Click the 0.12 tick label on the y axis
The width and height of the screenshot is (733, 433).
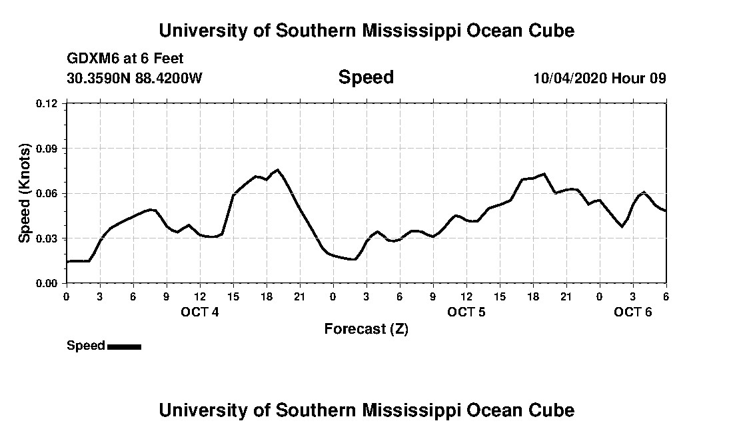point(47,103)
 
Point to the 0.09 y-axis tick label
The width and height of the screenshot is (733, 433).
point(47,149)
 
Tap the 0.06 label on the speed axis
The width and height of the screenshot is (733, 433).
point(47,193)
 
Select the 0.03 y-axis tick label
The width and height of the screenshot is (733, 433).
point(47,238)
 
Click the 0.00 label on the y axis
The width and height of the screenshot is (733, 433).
point(47,283)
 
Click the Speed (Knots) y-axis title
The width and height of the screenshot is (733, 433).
point(25,193)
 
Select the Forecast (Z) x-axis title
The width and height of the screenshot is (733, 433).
point(366,328)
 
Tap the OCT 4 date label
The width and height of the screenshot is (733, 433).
point(200,312)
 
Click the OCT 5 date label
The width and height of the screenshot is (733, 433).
point(466,312)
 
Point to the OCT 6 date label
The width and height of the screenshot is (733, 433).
point(632,312)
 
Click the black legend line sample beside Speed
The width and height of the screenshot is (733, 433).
point(124,346)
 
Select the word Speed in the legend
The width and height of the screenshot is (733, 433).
point(86,345)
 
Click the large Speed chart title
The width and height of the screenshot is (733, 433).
point(366,77)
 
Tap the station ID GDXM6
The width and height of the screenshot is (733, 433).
point(90,59)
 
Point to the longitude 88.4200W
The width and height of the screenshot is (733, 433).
point(169,78)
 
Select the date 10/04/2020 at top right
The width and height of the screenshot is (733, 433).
point(570,78)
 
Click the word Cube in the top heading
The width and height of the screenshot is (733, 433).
point(552,30)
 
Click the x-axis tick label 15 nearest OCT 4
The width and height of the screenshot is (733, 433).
point(233,296)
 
